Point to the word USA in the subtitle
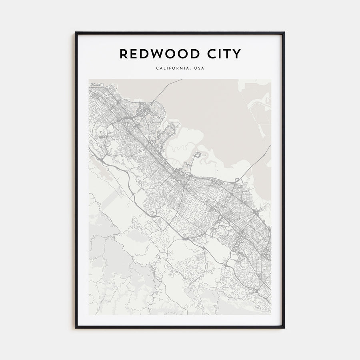click(199, 68)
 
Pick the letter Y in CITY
click(237, 54)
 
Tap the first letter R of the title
click(124, 54)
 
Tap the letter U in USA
click(195, 68)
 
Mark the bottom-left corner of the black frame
click(76, 328)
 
